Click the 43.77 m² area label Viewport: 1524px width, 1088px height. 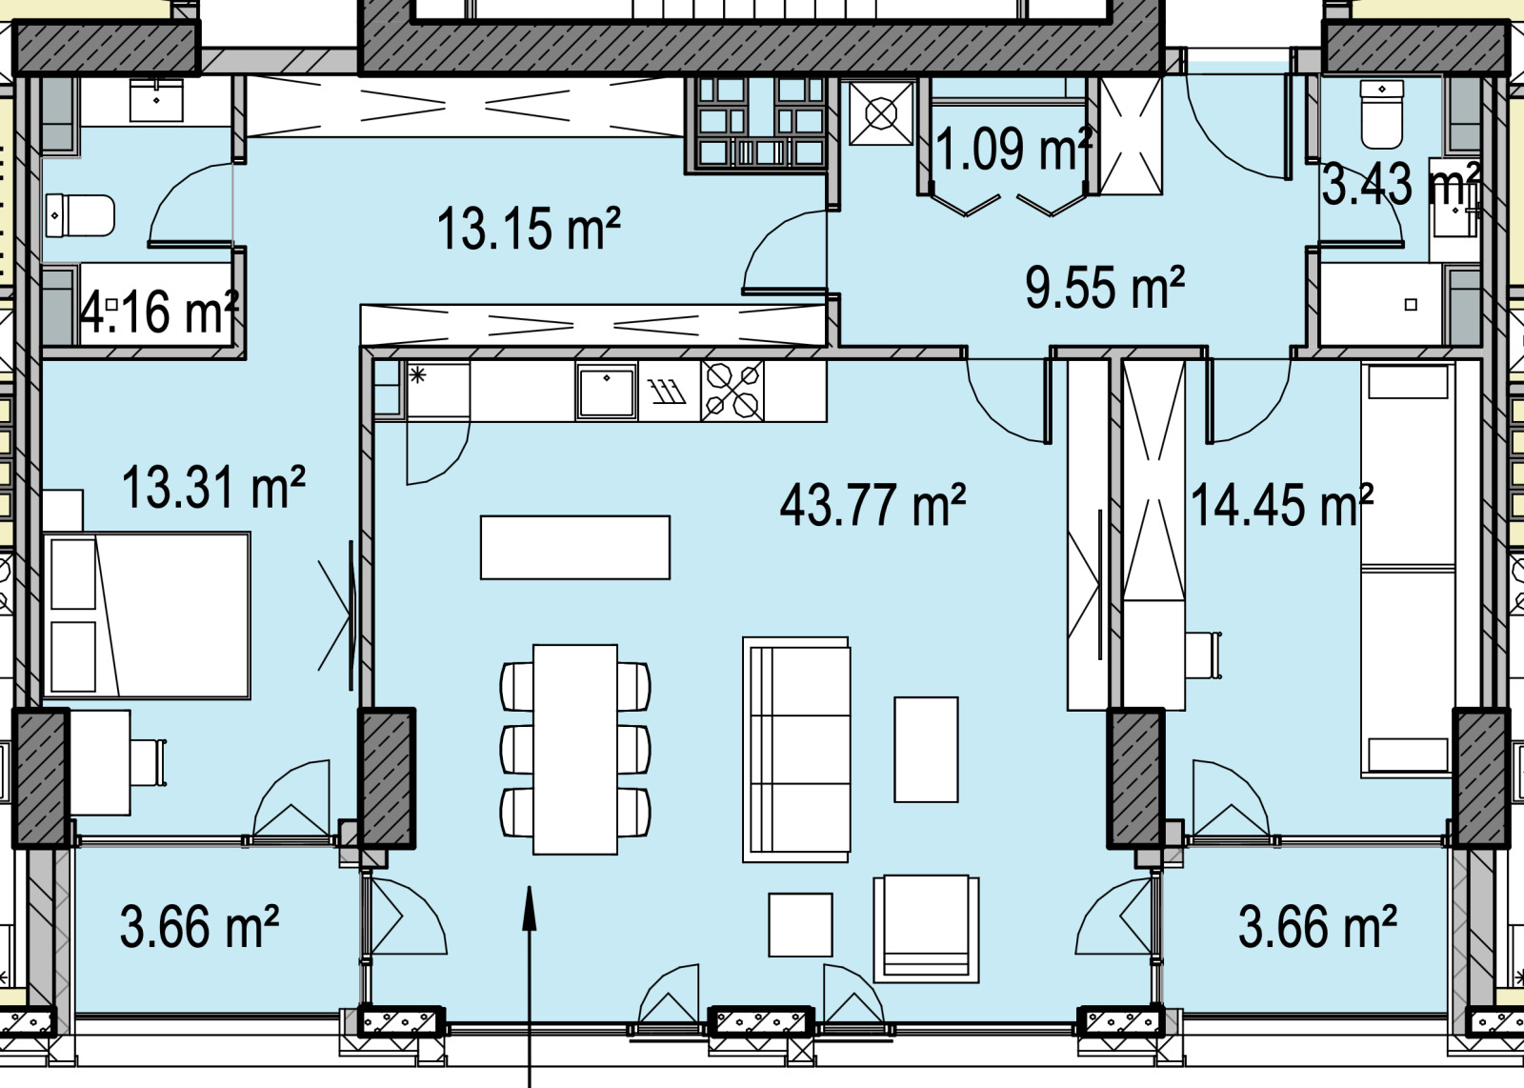pos(872,505)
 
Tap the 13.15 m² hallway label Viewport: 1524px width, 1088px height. pos(529,229)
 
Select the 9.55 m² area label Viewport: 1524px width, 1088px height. pos(1105,287)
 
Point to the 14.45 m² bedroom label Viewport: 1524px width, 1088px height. pos(1282,505)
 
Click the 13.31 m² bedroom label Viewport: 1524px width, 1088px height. pos(213,487)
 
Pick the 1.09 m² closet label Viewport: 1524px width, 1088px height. pos(1013,149)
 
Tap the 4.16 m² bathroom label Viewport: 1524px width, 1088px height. pos(159,312)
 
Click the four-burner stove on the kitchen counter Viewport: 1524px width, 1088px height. pos(732,392)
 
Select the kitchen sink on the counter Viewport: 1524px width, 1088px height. pos(606,392)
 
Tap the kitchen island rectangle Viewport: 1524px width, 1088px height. pos(575,548)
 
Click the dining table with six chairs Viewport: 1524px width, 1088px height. pos(575,749)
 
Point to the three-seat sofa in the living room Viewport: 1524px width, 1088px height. pos(796,750)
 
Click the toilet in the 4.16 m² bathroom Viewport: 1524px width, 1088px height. pos(80,215)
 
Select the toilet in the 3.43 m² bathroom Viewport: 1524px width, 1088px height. pos(1382,113)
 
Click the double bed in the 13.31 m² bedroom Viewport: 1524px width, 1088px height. pos(147,615)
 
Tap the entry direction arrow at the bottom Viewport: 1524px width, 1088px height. pos(530,987)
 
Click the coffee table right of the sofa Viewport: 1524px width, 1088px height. pos(926,750)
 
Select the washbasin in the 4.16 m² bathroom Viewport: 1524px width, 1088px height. pos(156,100)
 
